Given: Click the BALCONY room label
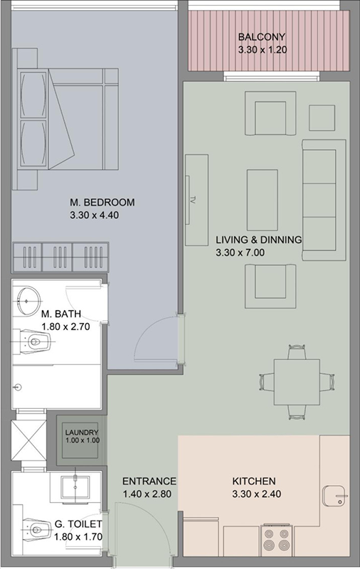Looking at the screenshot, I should pos(262,37).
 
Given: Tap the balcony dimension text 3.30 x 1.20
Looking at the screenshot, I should pos(262,50).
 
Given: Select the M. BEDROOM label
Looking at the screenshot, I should pos(102,203).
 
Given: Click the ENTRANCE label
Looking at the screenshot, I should pos(149,481).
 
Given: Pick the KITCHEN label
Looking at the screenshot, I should pos(253,481).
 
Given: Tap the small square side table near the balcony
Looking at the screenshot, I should pos(322,117).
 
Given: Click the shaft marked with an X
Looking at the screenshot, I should pos(28,442).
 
